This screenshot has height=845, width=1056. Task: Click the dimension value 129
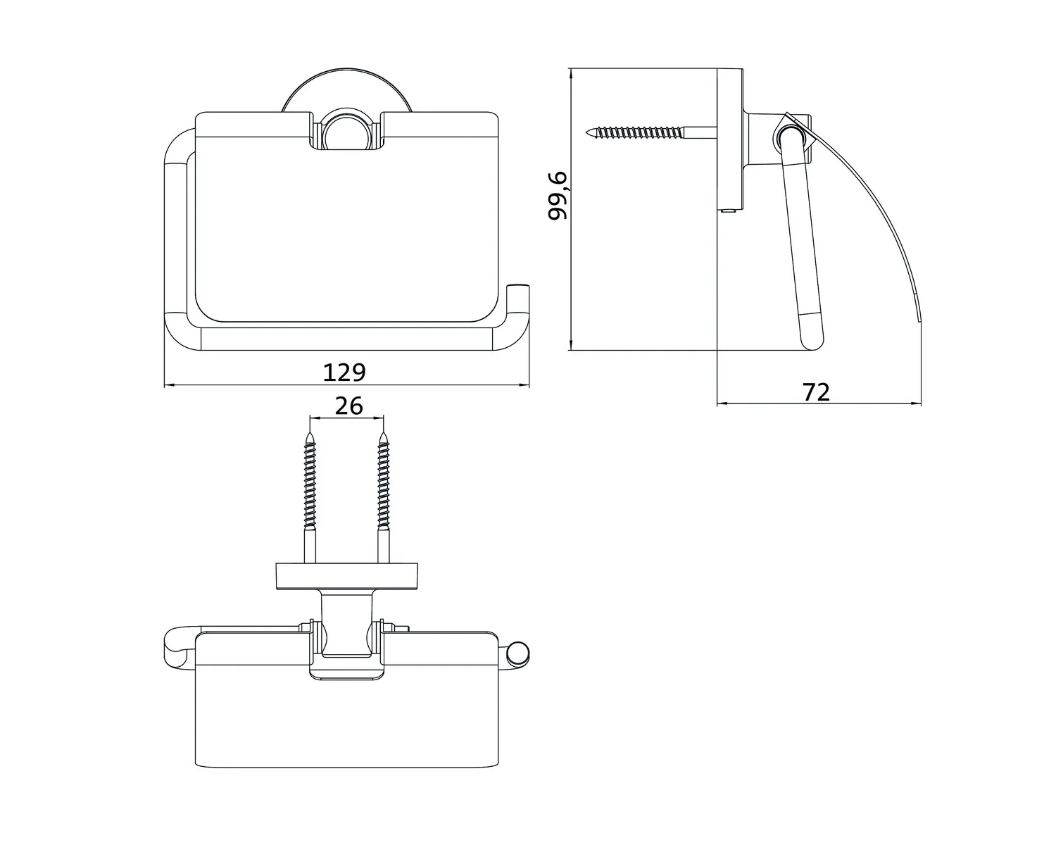[344, 372]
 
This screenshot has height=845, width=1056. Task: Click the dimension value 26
[348, 406]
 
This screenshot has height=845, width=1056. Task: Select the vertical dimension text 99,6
[559, 195]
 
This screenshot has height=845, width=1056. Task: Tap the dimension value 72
[817, 392]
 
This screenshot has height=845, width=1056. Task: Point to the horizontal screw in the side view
[641, 131]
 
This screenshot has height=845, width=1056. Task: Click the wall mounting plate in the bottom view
[346, 577]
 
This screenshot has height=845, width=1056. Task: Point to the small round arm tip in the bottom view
[519, 653]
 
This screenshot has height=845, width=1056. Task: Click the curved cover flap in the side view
[887, 211]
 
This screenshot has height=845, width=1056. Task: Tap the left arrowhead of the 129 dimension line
[168, 385]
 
